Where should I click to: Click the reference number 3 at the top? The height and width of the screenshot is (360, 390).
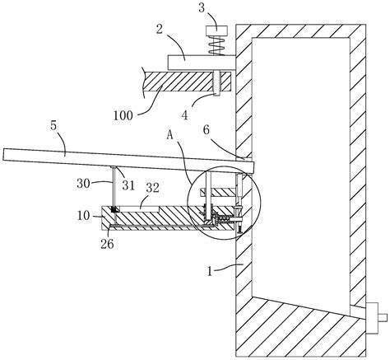click(x=202, y=8)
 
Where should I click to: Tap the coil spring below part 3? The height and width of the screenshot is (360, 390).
click(x=217, y=45)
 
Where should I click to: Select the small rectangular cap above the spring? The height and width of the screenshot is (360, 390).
click(x=217, y=30)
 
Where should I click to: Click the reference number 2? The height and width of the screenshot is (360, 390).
click(x=160, y=29)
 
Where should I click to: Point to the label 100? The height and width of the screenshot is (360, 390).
click(x=123, y=115)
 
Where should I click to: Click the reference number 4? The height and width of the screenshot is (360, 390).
click(x=185, y=115)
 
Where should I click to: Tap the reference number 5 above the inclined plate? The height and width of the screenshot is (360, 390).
click(x=53, y=125)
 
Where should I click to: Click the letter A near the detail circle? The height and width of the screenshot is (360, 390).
click(x=170, y=135)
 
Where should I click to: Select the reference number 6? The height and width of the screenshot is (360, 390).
click(x=207, y=130)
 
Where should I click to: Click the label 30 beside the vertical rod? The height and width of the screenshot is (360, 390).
click(x=83, y=184)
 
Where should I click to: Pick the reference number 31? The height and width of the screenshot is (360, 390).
click(x=128, y=186)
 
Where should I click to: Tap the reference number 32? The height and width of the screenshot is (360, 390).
click(x=152, y=188)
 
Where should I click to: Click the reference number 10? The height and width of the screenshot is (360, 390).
click(x=83, y=216)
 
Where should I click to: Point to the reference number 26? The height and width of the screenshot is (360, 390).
click(x=107, y=244)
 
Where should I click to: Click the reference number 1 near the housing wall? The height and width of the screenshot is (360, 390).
click(x=210, y=272)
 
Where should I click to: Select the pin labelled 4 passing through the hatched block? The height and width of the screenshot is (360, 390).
click(x=217, y=83)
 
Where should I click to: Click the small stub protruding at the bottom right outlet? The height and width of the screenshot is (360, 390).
click(x=383, y=318)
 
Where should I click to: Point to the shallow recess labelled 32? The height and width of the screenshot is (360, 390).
click(x=140, y=209)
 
